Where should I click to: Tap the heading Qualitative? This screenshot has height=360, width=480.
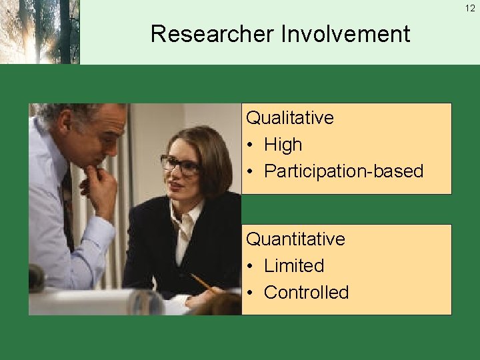(x=289, y=118)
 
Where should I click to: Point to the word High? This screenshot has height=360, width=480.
(x=283, y=145)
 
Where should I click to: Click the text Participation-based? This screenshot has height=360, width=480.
(x=343, y=171)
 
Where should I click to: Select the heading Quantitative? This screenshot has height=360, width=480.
(x=295, y=239)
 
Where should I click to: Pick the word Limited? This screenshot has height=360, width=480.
(x=293, y=266)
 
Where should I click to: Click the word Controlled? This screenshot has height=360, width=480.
(x=306, y=293)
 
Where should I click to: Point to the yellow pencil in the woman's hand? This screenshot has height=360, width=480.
(x=200, y=282)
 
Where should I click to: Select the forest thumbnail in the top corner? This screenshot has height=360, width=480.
(x=39, y=32)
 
